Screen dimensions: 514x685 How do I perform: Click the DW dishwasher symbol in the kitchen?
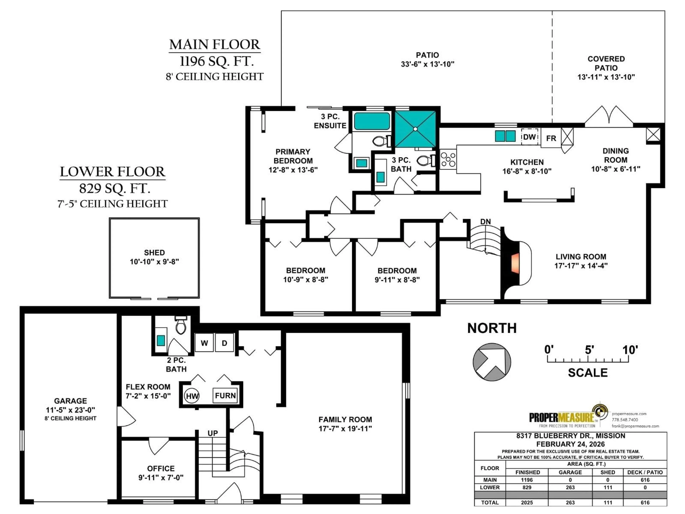(x=529, y=137)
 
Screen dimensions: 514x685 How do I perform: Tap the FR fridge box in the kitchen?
(x=551, y=138)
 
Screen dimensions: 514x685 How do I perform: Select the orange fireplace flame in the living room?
(x=515, y=263)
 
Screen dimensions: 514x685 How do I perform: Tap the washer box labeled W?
(x=204, y=343)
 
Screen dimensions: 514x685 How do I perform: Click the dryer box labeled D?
(x=225, y=343)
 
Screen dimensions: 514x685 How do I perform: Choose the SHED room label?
(x=154, y=253)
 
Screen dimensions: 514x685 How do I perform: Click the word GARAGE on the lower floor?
(x=70, y=401)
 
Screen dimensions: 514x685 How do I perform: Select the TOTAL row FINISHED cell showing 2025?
(x=527, y=502)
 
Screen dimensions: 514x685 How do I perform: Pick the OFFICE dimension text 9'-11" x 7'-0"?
(x=161, y=477)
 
